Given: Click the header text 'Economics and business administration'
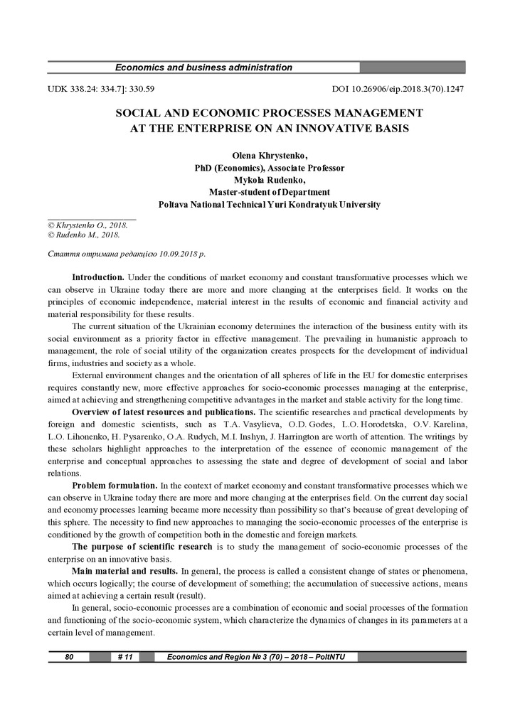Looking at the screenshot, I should point(203,68).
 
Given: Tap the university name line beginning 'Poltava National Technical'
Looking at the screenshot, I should point(270,204).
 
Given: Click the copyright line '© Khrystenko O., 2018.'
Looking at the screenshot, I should point(87,225).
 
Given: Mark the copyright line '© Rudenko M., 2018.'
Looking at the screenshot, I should point(83,234).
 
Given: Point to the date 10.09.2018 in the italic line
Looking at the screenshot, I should point(173,254).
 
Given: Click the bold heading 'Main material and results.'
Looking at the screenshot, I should point(125,571).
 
